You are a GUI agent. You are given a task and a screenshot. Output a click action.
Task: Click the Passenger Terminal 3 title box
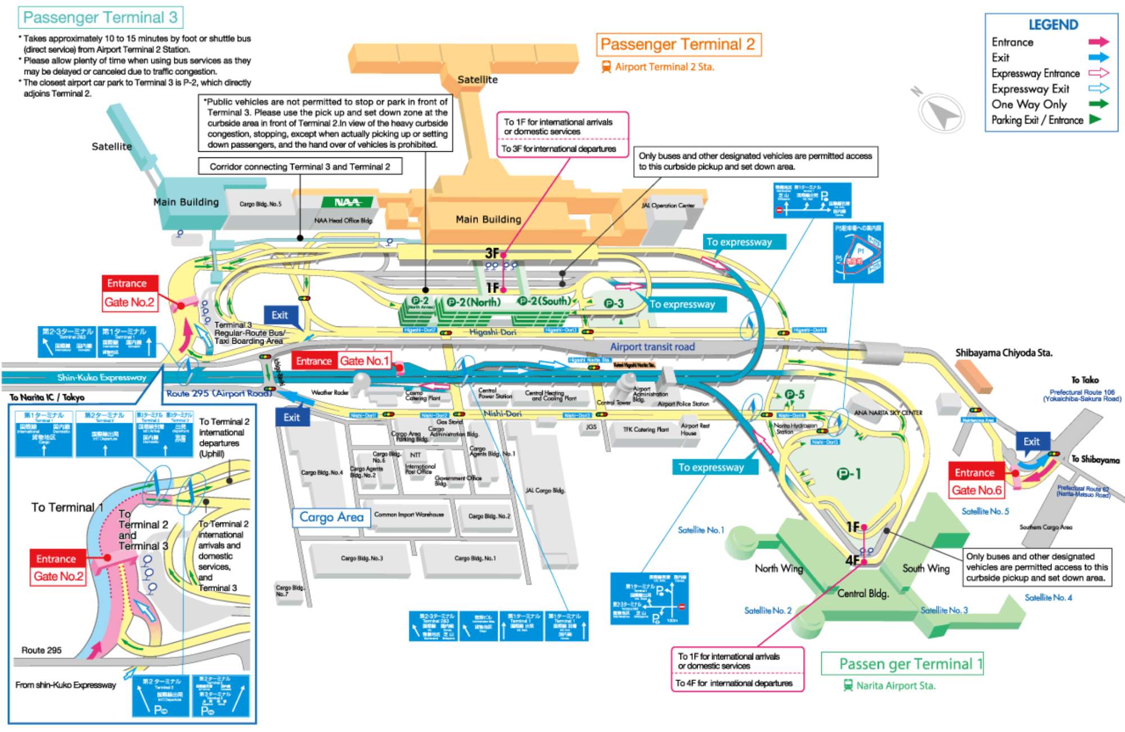tap(100, 17)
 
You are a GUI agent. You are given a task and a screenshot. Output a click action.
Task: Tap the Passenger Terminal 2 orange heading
tap(678, 44)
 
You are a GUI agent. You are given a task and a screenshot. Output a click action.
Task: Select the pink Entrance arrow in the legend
tap(1098, 42)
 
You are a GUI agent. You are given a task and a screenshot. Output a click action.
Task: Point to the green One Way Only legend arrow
tap(1098, 103)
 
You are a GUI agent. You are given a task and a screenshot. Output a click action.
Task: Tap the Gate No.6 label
tap(976, 490)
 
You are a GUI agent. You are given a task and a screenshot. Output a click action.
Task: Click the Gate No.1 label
tap(364, 361)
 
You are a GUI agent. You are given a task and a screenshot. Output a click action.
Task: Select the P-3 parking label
tap(614, 304)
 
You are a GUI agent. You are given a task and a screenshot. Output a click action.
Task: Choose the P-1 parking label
tap(849, 475)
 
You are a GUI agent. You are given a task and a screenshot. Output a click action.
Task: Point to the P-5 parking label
tap(795, 395)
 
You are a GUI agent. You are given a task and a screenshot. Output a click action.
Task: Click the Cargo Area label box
tap(331, 517)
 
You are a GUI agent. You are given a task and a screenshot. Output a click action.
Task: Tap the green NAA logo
tap(347, 202)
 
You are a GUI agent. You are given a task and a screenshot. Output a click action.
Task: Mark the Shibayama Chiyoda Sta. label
tap(1003, 353)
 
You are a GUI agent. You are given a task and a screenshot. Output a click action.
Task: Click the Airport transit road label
tap(652, 347)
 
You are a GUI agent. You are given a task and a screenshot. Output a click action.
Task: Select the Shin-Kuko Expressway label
tap(101, 377)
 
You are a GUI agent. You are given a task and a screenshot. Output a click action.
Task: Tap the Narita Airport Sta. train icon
tap(848, 685)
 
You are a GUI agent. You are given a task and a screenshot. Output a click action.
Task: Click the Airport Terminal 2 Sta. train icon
tap(606, 67)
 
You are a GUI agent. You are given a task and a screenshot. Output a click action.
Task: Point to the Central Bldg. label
tap(863, 594)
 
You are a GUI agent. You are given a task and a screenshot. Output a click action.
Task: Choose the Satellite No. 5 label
tap(985, 512)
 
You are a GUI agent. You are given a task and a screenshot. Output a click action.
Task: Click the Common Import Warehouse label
tap(409, 514)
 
